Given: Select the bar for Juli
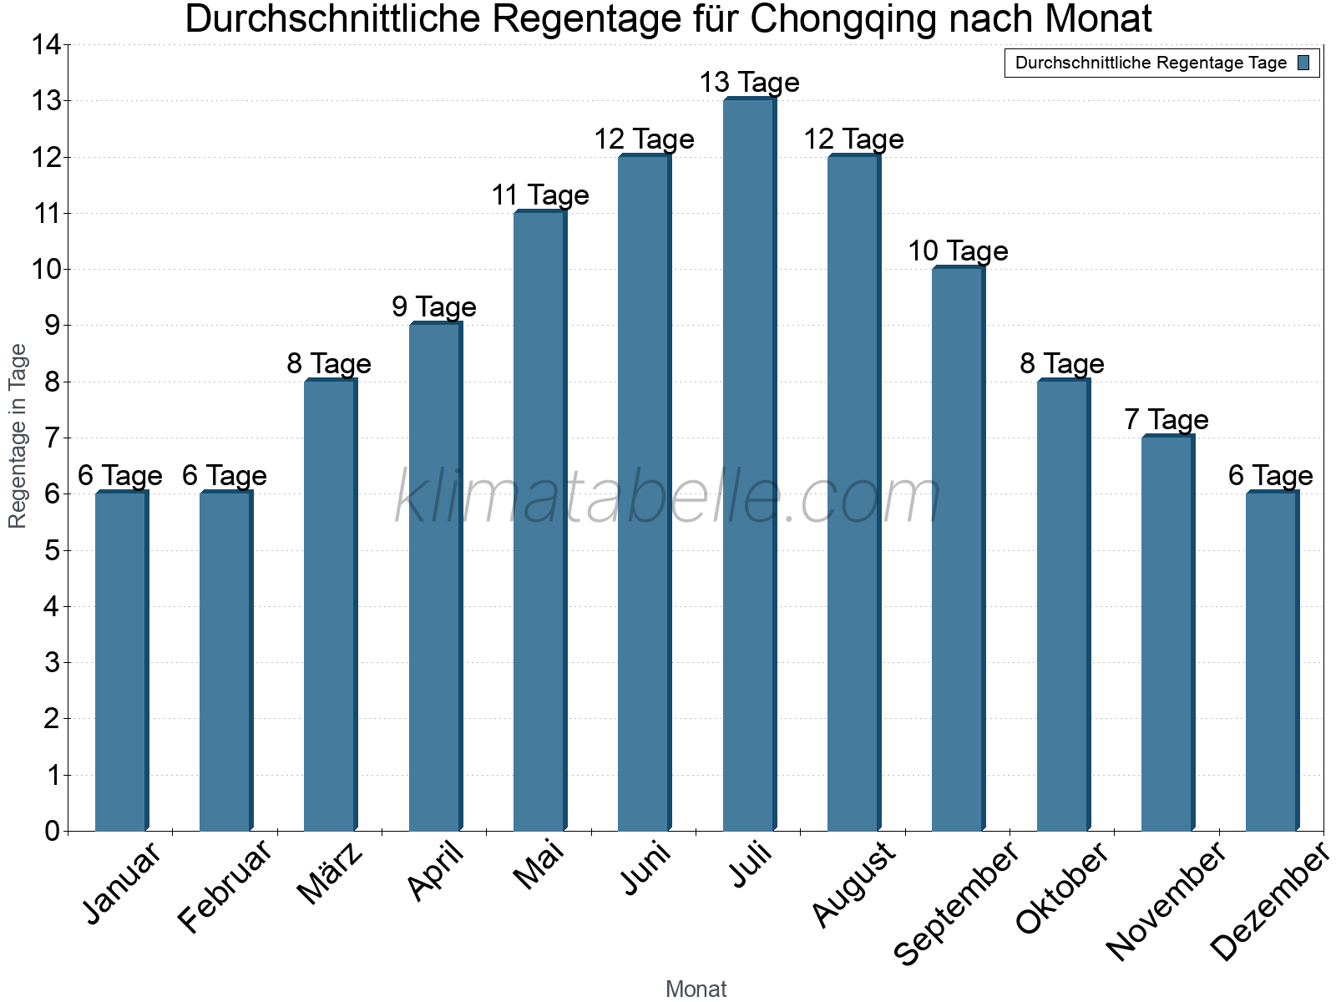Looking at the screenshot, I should (749, 464).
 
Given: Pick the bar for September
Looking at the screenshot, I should (958, 549).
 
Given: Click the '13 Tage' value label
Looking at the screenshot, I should (749, 83).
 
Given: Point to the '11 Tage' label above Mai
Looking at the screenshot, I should (540, 195).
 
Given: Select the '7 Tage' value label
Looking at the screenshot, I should (1166, 419).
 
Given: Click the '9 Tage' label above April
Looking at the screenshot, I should (434, 307).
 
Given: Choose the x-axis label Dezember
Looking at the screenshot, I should (1268, 902).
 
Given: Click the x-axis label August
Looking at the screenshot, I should (853, 884).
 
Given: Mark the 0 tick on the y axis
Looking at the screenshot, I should (52, 831).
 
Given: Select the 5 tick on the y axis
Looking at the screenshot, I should (52, 550).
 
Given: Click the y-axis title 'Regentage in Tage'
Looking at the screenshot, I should (18, 436).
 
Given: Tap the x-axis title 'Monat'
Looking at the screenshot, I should (696, 989).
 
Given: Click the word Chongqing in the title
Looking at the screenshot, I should (843, 20).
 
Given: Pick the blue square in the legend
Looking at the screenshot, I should (1303, 63).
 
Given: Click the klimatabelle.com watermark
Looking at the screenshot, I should (668, 498).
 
